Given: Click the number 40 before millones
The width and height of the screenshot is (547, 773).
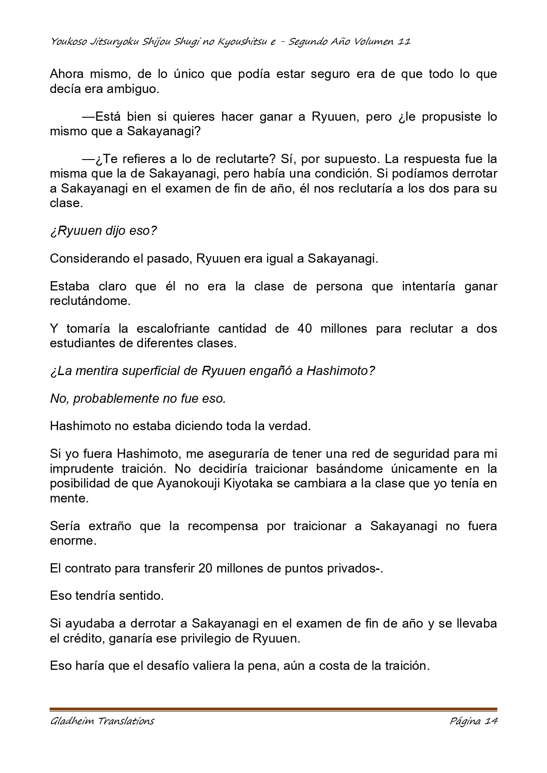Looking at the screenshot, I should tap(305, 329).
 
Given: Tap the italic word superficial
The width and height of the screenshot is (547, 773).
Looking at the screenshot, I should tap(145, 371).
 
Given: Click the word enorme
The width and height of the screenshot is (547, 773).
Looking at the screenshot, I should tap(73, 540).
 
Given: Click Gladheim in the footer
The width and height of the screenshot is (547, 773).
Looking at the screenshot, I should tap(72, 721).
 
